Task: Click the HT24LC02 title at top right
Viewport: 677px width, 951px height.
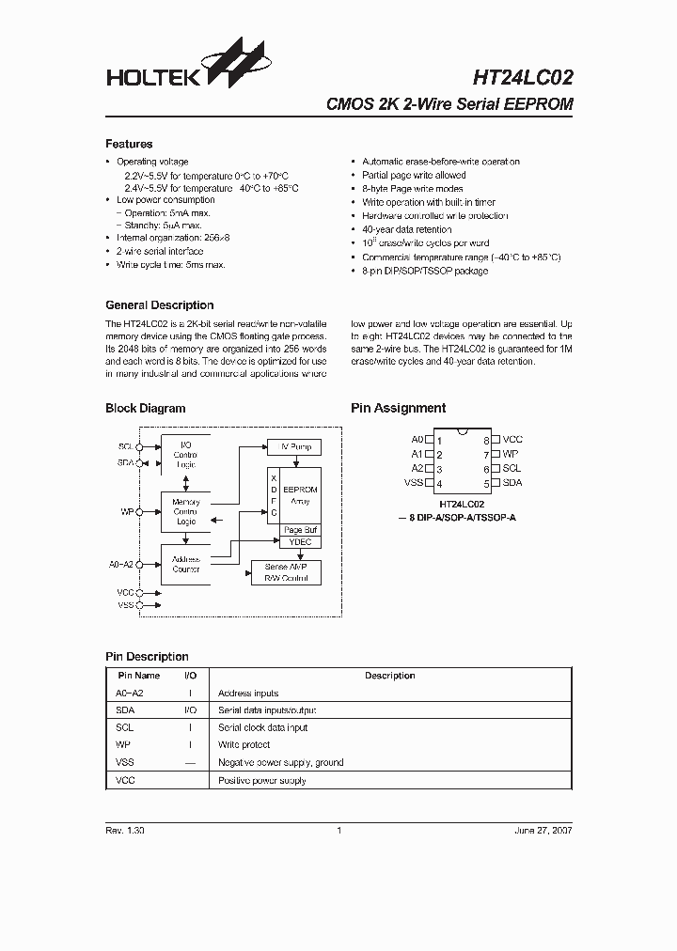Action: coord(512,76)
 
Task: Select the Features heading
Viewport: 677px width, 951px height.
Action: coord(129,144)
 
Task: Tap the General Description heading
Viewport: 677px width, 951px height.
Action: coord(159,305)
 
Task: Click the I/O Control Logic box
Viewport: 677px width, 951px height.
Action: coord(185,455)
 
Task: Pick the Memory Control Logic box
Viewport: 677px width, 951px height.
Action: coord(185,511)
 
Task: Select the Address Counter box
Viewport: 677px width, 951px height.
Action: coord(185,564)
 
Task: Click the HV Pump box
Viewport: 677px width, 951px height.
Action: coord(294,446)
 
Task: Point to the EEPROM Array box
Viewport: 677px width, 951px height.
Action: coord(300,495)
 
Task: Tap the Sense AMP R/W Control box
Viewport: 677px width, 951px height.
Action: coord(286,572)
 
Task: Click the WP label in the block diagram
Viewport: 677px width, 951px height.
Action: coord(126,512)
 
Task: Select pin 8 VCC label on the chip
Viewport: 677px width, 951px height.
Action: coord(512,440)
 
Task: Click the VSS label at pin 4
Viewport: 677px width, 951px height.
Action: coord(413,483)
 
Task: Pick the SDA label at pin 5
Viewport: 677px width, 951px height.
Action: coord(512,483)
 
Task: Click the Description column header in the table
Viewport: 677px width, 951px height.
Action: coord(389,676)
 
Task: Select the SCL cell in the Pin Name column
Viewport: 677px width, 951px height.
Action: coord(124,727)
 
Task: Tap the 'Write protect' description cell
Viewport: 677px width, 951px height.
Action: coord(244,744)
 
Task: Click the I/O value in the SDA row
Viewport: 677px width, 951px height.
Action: coord(190,710)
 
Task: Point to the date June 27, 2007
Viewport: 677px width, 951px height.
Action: coord(543,831)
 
